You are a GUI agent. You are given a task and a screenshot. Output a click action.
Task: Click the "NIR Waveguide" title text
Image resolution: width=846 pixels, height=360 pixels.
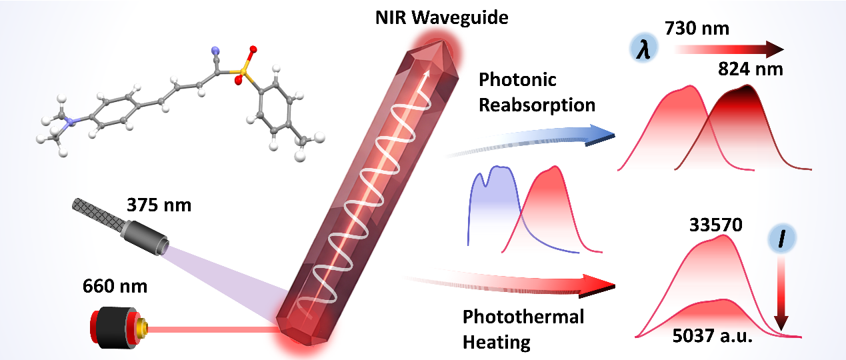(x=441, y=18)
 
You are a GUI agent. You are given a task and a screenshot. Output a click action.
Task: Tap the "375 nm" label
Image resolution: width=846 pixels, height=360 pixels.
(x=159, y=205)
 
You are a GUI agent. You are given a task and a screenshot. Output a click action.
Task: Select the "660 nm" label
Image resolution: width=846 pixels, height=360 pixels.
(x=115, y=286)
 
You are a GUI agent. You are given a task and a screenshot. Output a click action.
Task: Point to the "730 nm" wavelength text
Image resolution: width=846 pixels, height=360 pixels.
(x=697, y=28)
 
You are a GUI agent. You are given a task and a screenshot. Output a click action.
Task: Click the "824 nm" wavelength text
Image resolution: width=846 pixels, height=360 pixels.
(x=751, y=69)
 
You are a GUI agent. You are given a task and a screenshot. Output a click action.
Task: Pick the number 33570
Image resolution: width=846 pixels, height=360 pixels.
(x=716, y=225)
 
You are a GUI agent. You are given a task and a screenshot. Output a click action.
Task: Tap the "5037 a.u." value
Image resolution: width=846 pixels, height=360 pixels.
(x=712, y=336)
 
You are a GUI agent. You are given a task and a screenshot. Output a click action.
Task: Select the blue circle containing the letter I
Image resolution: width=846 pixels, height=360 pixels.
(x=782, y=239)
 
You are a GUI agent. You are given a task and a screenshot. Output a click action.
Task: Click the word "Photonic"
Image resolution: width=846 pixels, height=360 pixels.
(x=517, y=80)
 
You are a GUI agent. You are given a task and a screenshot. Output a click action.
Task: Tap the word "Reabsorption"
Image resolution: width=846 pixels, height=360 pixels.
(x=537, y=105)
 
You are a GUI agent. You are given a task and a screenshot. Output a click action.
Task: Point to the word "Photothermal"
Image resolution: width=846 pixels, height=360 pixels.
(x=523, y=317)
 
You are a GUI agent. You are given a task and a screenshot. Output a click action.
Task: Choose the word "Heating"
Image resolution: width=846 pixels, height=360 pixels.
(x=496, y=342)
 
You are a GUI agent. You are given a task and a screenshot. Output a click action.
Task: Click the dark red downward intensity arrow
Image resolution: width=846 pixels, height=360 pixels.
(x=781, y=295)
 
